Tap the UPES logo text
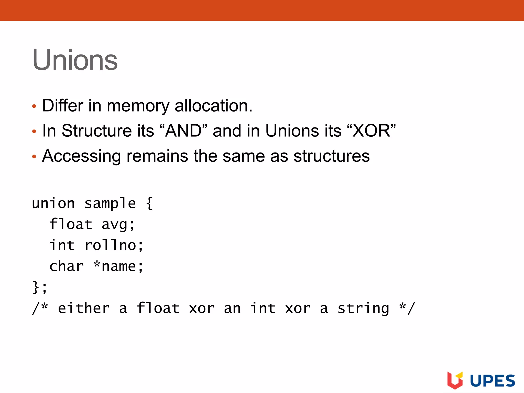pyautogui.click(x=493, y=381)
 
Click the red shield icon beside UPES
pyautogui.click(x=455, y=380)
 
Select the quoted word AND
pyautogui.click(x=183, y=131)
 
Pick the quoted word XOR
pyautogui.click(x=372, y=131)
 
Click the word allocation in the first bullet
pyautogui.click(x=213, y=106)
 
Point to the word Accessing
pyautogui.click(x=81, y=156)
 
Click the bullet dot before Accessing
pyautogui.click(x=34, y=156)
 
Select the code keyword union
pyautogui.click(x=53, y=204)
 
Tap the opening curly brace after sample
pyautogui.click(x=150, y=204)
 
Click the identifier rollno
pyautogui.click(x=110, y=245)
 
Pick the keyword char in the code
pyautogui.click(x=67, y=266)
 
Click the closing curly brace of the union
pyautogui.click(x=36, y=287)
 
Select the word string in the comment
pyautogui.click(x=363, y=309)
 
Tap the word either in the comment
pyautogui.click(x=84, y=308)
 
